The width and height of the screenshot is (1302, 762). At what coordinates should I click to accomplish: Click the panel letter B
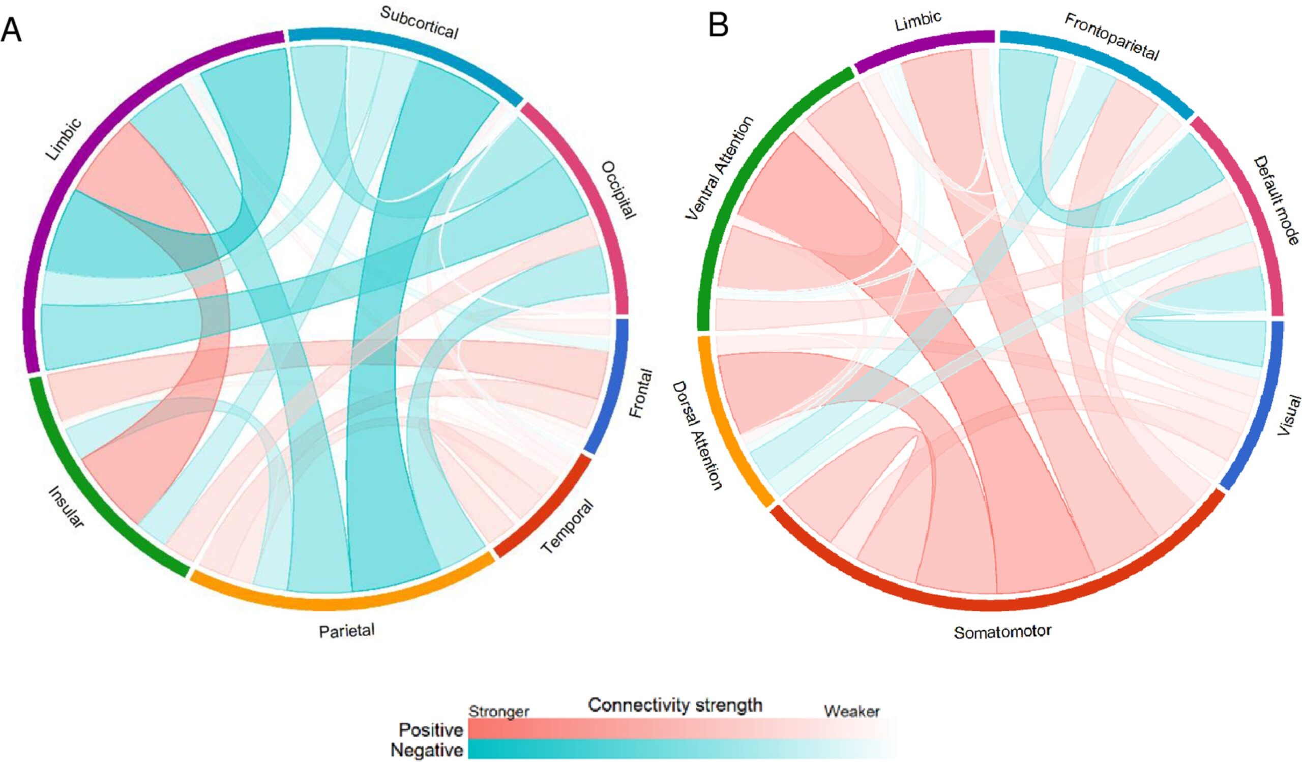point(718,25)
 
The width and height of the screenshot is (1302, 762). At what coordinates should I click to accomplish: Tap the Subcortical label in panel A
point(419,23)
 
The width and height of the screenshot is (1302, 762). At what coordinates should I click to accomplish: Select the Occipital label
point(618,190)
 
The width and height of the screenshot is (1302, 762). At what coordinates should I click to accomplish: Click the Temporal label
point(567,526)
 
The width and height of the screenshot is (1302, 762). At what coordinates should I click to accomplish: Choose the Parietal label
point(346,631)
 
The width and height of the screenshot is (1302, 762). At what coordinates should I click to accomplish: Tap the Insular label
point(66,507)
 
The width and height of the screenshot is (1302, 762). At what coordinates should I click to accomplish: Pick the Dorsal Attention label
point(697,436)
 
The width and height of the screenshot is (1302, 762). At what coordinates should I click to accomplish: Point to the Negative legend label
point(427,750)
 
